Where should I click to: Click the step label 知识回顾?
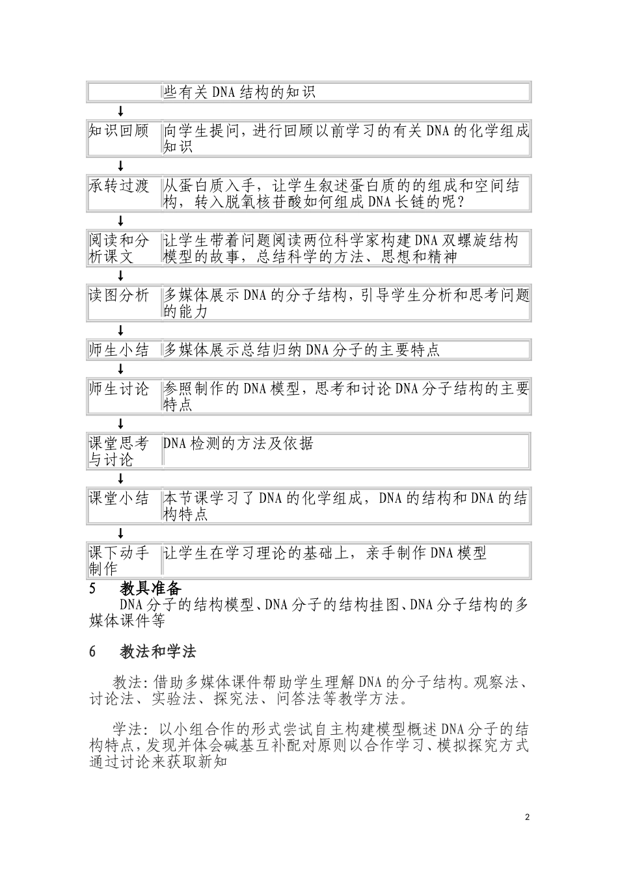pyautogui.click(x=119, y=131)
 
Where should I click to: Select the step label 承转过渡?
pyautogui.click(x=119, y=186)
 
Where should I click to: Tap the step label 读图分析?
pyautogui.click(x=119, y=296)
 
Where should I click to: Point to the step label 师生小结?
pyautogui.click(x=119, y=351)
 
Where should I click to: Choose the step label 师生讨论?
pyautogui.click(x=119, y=390)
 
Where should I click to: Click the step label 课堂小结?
pyautogui.click(x=119, y=499)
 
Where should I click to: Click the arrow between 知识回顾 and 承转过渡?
pyautogui.click(x=120, y=166)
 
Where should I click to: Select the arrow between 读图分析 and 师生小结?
pyautogui.click(x=120, y=330)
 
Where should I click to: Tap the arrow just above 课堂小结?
pyautogui.click(x=120, y=479)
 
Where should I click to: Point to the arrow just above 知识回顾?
pyautogui.click(x=120, y=111)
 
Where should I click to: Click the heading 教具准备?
pyautogui.click(x=150, y=589)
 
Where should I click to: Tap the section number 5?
pyautogui.click(x=92, y=590)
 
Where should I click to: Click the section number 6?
pyautogui.click(x=92, y=652)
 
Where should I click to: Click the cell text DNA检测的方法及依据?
pyautogui.click(x=238, y=444)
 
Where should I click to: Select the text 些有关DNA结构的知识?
pyautogui.click(x=239, y=92)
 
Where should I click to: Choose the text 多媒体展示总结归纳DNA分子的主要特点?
pyautogui.click(x=301, y=351)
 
